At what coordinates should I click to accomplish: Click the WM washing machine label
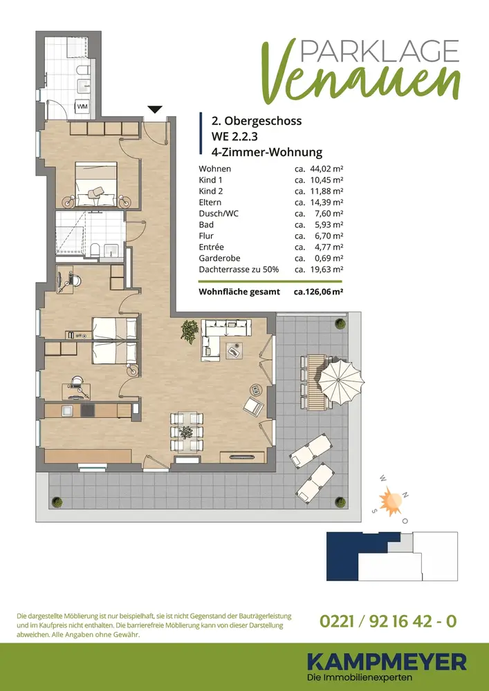tap(82, 106)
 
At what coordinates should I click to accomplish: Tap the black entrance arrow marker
tap(155, 109)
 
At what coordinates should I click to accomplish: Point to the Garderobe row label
tap(219, 258)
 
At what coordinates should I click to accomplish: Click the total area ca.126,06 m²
tap(319, 292)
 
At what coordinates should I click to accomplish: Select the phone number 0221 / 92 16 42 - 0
tap(387, 621)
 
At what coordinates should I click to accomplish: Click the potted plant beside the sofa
tap(190, 332)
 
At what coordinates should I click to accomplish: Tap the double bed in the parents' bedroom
tap(96, 184)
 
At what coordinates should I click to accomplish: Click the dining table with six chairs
tap(187, 432)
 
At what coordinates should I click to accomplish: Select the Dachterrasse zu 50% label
tap(239, 269)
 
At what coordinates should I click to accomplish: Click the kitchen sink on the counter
tap(67, 410)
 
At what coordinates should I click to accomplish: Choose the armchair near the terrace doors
tap(253, 405)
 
